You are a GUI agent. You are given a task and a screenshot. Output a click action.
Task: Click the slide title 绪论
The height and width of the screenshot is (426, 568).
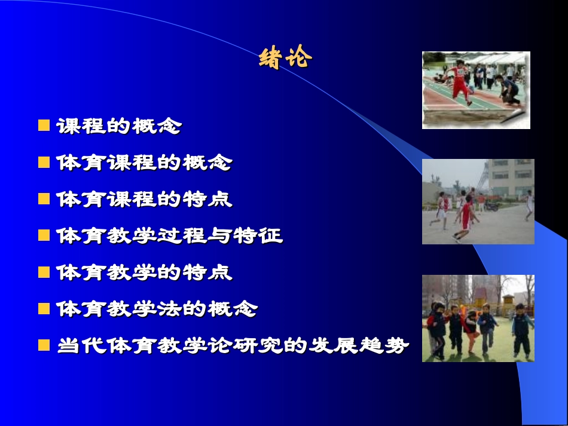coord(285,58)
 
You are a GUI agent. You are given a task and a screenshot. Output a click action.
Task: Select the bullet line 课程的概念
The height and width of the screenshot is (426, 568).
coord(118,126)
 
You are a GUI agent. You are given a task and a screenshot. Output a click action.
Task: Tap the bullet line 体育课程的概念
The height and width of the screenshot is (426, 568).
coord(143,163)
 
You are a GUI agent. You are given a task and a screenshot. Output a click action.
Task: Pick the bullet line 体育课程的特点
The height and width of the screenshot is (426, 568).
coord(143,199)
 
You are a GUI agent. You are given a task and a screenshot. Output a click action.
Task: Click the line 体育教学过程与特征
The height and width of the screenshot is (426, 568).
coord(169,235)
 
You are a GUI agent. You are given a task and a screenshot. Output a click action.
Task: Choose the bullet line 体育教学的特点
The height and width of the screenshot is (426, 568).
coord(143,272)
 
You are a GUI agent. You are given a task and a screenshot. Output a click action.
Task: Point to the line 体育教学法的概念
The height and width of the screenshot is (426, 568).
coord(157,309)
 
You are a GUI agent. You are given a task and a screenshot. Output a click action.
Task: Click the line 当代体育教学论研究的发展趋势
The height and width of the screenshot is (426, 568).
coord(233,345)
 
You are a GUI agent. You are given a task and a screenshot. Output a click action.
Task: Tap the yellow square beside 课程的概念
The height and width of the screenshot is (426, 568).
coord(44,125)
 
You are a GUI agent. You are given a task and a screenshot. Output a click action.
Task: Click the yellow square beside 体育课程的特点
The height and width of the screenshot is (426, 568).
coord(44,199)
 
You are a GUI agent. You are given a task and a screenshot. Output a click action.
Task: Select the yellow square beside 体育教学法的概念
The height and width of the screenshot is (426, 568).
coord(44,309)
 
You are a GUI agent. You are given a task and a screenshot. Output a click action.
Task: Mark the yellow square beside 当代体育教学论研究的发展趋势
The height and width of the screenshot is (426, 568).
coord(44,345)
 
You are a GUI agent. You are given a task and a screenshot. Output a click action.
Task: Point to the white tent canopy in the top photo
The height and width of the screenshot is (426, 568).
coord(496,59)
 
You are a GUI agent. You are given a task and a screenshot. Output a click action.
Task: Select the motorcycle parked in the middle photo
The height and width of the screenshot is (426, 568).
coord(491,205)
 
